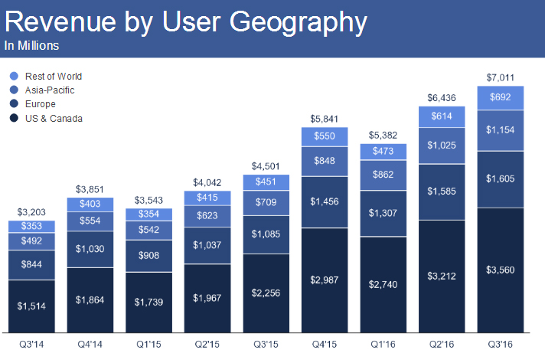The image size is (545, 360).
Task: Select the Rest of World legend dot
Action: [x=13, y=77]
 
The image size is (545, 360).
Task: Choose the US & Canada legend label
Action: [x=54, y=118]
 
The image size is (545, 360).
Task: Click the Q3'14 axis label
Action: [x=31, y=344]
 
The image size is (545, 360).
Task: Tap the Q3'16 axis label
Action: [x=501, y=344]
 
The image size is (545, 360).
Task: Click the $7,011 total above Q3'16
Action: [x=501, y=77]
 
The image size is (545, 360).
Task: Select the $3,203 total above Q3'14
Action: [x=31, y=212]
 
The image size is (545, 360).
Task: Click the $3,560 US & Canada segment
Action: [x=501, y=270]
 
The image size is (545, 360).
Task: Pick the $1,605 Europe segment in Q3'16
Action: [x=501, y=178]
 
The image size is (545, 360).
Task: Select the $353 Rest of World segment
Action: [x=31, y=226]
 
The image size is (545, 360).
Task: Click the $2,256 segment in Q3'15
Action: [x=266, y=291]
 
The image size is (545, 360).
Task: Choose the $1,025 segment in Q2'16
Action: [x=442, y=146]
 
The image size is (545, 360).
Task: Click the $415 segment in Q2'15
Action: [x=207, y=198]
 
